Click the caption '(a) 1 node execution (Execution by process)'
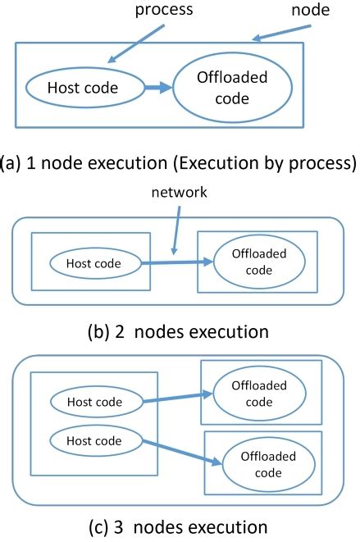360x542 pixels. click(179, 163)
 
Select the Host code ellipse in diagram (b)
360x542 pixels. click(93, 264)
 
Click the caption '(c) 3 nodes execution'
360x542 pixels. click(178, 526)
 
